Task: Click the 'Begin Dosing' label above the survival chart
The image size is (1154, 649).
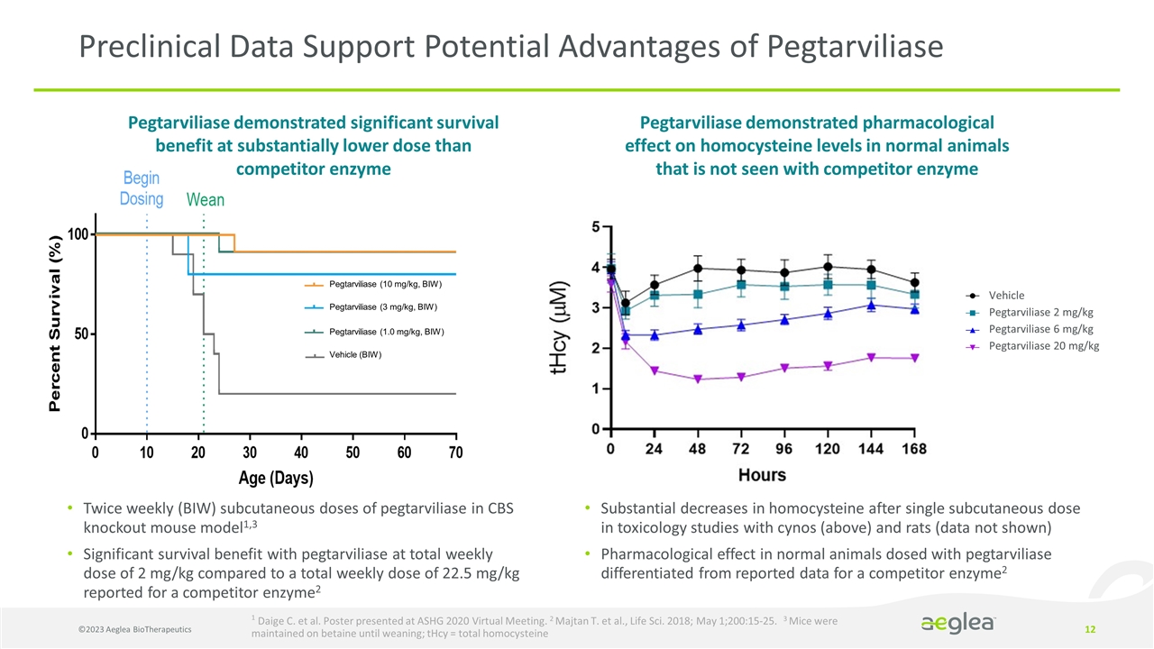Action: point(142,188)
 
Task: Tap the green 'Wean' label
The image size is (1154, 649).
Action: point(205,199)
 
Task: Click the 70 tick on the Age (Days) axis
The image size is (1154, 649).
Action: point(455,452)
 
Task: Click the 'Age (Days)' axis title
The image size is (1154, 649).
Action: point(276,477)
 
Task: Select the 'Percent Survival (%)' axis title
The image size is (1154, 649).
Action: point(56,324)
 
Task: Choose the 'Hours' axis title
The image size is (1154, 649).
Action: point(762,475)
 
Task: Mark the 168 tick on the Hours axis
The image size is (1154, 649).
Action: point(913,449)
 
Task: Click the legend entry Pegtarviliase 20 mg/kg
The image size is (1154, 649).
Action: point(1044,346)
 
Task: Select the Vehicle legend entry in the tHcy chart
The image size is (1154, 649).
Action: point(1006,295)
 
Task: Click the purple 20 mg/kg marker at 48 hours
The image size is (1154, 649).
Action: point(698,379)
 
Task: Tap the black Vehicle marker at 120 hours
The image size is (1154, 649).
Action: point(828,267)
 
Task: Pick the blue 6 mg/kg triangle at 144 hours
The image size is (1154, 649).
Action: point(871,306)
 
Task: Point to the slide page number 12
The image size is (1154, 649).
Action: point(1094,627)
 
